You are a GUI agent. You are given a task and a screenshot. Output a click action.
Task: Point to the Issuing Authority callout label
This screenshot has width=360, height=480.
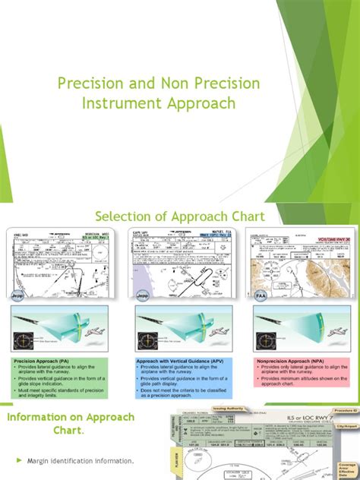pyautogui.click(x=232, y=408)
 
